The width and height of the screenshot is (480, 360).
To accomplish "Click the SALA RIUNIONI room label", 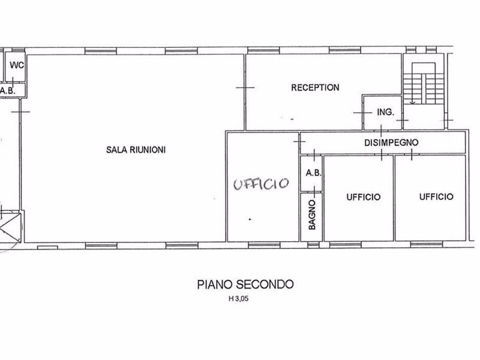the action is coord(136,149).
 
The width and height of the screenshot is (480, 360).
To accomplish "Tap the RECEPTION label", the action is coord(315,88).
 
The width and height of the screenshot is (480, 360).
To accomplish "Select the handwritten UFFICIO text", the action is coord(261,184).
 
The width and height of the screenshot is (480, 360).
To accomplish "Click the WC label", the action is coord(17,65).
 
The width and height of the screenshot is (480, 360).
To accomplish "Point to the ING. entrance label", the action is coord(385,112).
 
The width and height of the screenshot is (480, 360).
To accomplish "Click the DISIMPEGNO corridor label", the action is coord(391,143).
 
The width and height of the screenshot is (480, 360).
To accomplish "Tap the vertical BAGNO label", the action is coord(312,215).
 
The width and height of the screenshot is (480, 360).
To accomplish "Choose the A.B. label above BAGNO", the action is coord(313,173).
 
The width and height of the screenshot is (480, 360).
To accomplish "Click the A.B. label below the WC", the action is coord(8,91).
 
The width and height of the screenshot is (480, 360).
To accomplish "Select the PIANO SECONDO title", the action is coord(245,284).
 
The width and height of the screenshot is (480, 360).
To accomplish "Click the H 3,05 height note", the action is coord(238,299).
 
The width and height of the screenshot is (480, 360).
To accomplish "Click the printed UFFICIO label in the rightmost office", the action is coord(436,197).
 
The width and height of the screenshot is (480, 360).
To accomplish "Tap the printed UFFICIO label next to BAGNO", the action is coord(364,197).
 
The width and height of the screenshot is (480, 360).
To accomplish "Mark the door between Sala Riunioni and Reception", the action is coord(245,88).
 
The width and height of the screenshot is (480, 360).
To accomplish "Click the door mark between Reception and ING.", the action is coord(363,113).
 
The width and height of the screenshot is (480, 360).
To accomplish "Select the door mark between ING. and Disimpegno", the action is coord(381,131).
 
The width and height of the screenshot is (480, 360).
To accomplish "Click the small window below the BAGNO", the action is coord(313,245).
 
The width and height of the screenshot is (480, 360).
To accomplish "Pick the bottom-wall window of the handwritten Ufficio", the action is coord(264,245).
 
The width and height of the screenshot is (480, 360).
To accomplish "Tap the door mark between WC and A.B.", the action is coord(13,82).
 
